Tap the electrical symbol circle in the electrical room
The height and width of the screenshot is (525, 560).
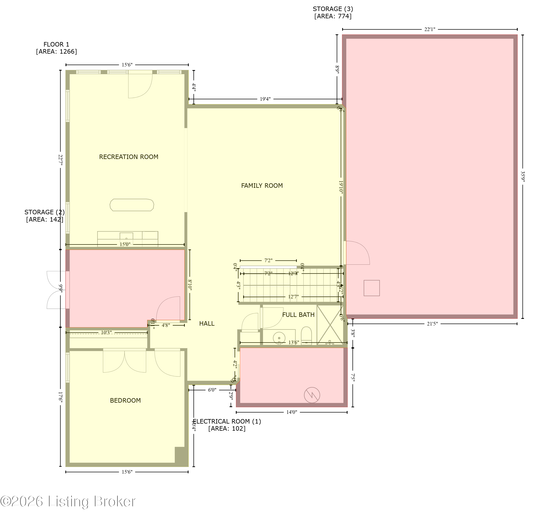click(x=312, y=395)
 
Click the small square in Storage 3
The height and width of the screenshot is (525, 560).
click(x=371, y=288)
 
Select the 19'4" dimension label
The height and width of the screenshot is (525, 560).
click(x=265, y=99)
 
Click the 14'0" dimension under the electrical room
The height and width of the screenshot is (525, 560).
click(x=292, y=412)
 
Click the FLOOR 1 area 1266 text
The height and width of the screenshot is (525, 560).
click(x=56, y=48)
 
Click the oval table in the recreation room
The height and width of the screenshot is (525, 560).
click(x=132, y=205)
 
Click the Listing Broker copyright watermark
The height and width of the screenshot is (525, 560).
click(x=68, y=502)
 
